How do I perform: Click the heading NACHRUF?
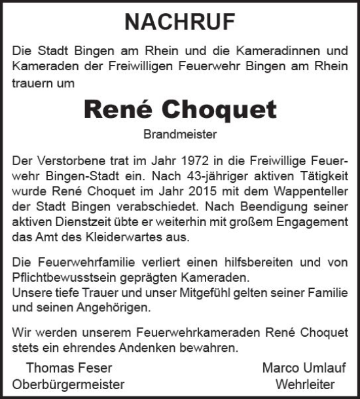(x=179, y=23)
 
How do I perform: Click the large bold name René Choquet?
(x=180, y=111)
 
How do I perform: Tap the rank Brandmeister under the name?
(x=179, y=136)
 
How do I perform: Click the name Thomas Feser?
(x=60, y=368)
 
